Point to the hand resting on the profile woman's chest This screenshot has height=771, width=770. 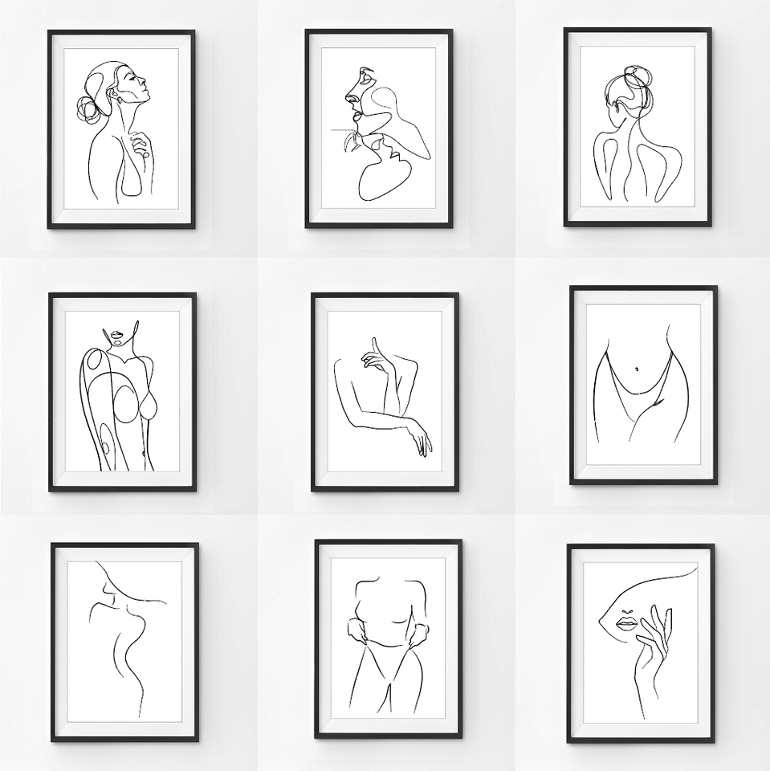141,145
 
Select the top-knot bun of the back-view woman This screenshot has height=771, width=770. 638,79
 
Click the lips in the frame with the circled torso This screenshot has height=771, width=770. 118,336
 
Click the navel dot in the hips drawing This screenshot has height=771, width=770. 638,369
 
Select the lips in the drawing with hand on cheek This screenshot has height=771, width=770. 626,623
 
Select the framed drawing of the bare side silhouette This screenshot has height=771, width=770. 124,642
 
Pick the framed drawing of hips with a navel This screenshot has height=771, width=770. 643,385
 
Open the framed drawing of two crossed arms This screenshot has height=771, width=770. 385,391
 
